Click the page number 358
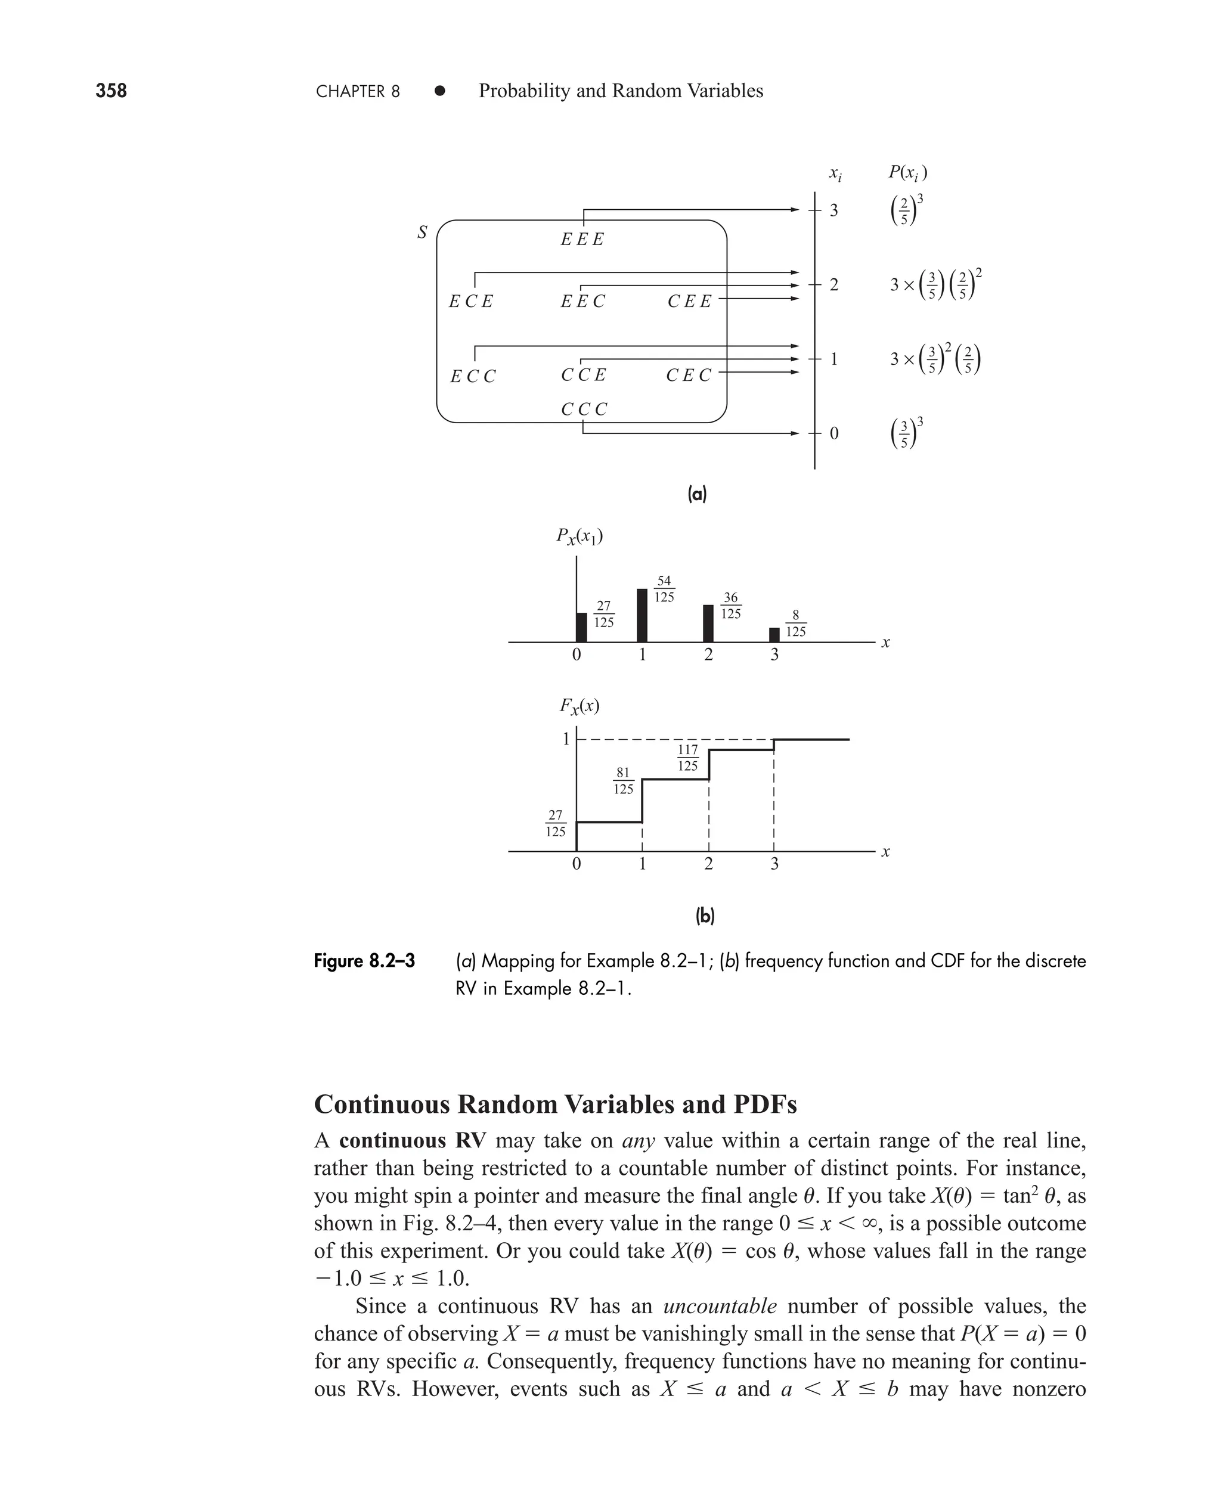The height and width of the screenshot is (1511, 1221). [x=111, y=91]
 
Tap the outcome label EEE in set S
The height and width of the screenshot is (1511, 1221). [x=582, y=240]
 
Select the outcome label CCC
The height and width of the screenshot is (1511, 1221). [x=583, y=409]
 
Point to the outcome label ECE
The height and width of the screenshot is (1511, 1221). [x=470, y=302]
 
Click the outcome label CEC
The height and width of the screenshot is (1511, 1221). [x=689, y=376]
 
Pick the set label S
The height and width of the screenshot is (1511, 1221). [x=422, y=232]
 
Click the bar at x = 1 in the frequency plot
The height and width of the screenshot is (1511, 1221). [x=642, y=615]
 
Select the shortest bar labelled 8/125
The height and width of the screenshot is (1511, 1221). [x=774, y=634]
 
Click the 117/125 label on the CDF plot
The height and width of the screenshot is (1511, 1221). [x=688, y=758]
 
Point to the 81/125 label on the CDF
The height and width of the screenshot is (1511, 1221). [x=623, y=780]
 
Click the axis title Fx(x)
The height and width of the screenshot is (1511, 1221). [x=579, y=706]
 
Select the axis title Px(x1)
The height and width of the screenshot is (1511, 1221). [x=579, y=537]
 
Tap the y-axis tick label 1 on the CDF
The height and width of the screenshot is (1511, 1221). [x=565, y=739]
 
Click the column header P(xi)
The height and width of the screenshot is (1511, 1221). [x=907, y=172]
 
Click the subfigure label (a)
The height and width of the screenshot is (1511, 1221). [x=696, y=495]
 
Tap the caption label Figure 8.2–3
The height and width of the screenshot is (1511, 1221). [x=364, y=960]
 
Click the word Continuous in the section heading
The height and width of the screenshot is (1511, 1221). [x=382, y=1104]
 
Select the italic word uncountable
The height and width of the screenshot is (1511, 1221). [x=720, y=1307]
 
